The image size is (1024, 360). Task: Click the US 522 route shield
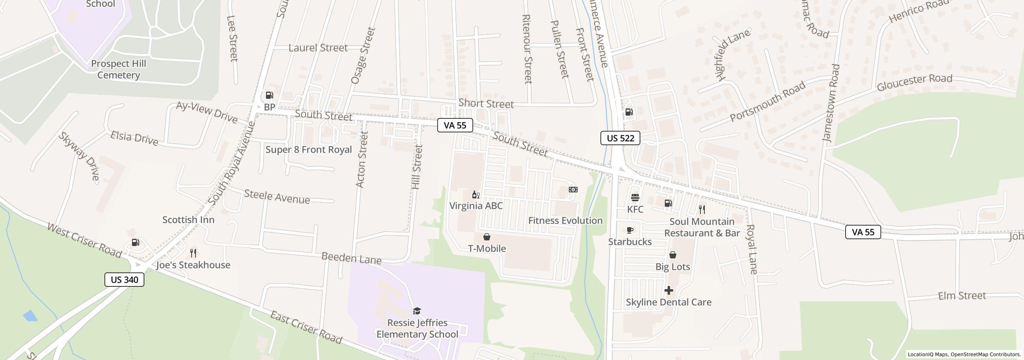click(x=620, y=138)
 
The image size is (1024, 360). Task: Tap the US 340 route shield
click(x=124, y=280)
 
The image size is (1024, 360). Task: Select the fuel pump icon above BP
click(x=270, y=96)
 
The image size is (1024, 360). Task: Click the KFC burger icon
click(x=635, y=198)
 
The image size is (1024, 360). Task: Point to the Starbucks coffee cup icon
click(x=630, y=230)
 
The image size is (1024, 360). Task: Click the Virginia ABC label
click(x=476, y=206)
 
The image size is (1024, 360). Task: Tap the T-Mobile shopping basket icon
click(x=487, y=237)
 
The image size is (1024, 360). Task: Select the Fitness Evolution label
click(x=565, y=220)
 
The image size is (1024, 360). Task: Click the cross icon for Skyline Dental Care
click(x=668, y=290)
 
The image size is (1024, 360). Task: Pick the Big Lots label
click(x=672, y=266)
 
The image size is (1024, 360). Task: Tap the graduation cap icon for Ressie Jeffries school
click(x=417, y=311)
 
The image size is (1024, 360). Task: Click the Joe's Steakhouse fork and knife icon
click(x=193, y=253)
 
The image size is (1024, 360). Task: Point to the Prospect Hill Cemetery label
click(x=118, y=69)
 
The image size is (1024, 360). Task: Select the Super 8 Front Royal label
click(x=308, y=150)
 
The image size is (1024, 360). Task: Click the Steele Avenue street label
click(x=277, y=197)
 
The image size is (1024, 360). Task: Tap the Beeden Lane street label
click(x=351, y=258)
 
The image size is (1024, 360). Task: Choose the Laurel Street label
click(x=318, y=48)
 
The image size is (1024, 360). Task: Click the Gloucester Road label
click(x=914, y=83)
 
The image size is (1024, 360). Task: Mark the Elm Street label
click(x=962, y=296)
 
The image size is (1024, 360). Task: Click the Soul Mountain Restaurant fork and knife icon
click(x=702, y=209)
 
